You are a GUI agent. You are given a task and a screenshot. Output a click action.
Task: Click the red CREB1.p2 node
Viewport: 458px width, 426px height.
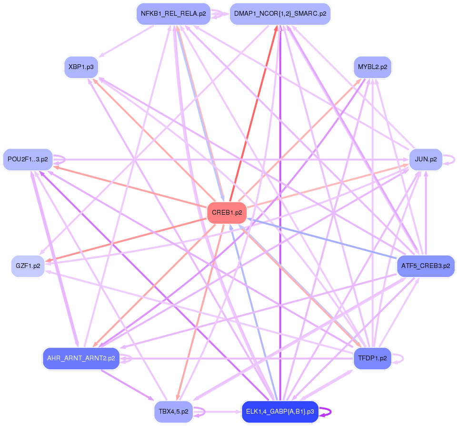[227, 213]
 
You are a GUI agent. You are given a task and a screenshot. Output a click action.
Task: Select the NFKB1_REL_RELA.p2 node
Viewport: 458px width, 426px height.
[173, 14]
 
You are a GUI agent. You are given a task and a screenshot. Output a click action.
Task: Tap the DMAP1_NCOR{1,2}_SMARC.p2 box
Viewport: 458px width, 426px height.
[280, 14]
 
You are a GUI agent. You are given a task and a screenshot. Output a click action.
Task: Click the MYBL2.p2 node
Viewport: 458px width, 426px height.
[372, 67]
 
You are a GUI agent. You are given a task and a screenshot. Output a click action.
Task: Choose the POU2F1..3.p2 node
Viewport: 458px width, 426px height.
[28, 159]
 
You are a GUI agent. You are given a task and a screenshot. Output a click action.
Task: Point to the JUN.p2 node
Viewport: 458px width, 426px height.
[426, 159]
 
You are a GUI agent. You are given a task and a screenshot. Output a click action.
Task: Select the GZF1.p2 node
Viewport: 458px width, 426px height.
[28, 266]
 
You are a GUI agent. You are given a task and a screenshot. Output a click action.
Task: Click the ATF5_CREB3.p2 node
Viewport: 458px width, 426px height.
[426, 266]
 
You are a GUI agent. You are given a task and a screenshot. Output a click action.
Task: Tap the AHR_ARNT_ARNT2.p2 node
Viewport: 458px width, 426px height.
[81, 358]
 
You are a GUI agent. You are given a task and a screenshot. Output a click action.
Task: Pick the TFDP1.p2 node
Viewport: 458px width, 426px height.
[372, 358]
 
